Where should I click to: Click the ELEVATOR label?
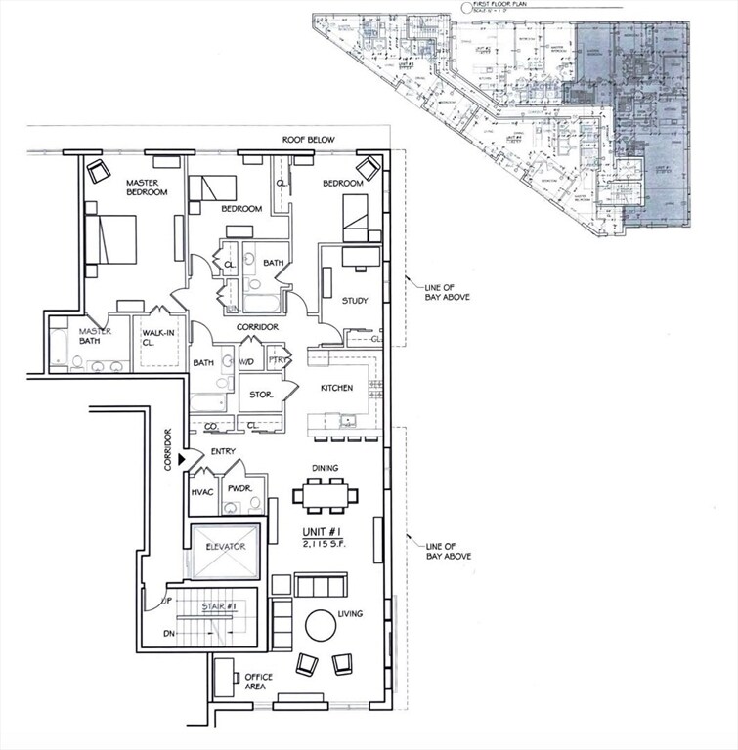coord(225,546)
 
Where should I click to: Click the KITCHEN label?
coord(336,388)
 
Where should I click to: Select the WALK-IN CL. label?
coord(158,338)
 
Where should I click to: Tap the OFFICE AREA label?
coord(259,683)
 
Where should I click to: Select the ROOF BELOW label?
coord(308,140)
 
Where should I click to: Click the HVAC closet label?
coord(202,492)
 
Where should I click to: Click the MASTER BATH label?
coord(95,336)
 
